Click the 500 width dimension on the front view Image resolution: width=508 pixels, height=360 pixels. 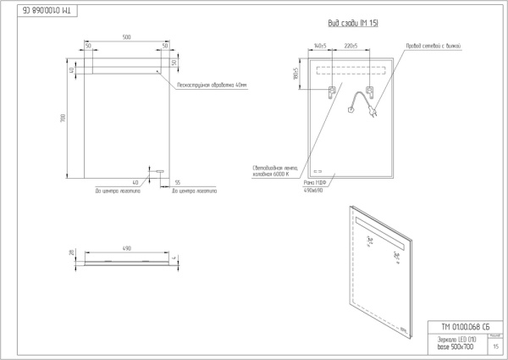point(126,38)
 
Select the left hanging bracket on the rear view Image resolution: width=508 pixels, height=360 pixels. point(333,92)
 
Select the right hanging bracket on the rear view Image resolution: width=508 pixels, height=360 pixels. point(369,92)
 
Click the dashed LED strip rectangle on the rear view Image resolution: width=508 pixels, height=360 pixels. point(351,70)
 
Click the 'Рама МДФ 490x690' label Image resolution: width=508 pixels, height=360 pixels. point(315,186)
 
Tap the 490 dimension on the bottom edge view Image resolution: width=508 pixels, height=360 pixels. point(126,248)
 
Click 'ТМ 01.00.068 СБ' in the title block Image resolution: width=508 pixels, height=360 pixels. point(465,327)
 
